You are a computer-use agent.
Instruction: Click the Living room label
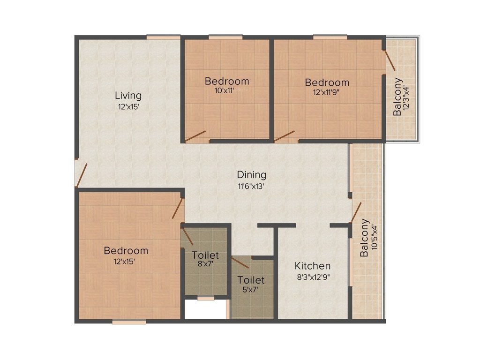pos(128,96)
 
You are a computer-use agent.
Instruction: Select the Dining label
pos(251,175)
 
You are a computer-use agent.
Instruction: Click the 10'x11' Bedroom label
pos(227,81)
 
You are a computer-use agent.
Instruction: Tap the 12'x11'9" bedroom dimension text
pos(327,92)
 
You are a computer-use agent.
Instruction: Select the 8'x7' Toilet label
pos(205,255)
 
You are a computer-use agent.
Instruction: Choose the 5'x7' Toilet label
pos(251,280)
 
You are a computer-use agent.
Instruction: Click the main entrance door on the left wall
pos(81,173)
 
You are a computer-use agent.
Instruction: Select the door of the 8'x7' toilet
pos(187,236)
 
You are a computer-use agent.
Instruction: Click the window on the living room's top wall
pos(163,37)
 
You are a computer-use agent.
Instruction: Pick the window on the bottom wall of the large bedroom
pos(129,322)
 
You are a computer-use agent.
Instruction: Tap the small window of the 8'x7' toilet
pos(205,298)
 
